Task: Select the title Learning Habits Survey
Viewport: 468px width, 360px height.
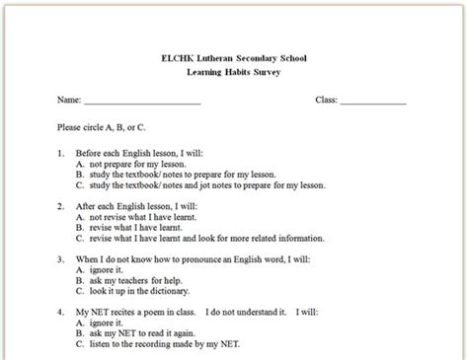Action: point(233,73)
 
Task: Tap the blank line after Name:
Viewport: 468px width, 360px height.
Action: point(142,102)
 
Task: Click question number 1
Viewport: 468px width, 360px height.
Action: point(61,153)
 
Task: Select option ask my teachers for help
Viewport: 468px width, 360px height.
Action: point(138,282)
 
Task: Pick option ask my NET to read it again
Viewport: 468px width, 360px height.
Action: point(148,334)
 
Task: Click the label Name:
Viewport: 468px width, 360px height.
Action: point(68,101)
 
